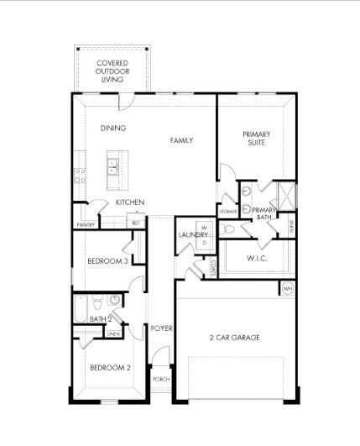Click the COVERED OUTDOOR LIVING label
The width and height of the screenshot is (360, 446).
(x=112, y=71)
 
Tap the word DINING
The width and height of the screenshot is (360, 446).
(x=113, y=129)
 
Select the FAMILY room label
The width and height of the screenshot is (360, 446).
(x=181, y=140)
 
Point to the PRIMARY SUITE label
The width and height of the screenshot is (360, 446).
(x=257, y=139)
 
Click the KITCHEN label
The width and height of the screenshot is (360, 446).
(x=130, y=202)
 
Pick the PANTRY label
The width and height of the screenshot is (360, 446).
(x=85, y=225)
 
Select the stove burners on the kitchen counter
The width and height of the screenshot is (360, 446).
(x=81, y=176)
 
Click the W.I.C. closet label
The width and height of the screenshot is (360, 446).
(x=257, y=258)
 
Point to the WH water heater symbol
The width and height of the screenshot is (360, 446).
(x=287, y=289)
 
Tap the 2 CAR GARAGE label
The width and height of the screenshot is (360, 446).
(x=234, y=338)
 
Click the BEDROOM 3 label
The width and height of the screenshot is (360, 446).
(x=107, y=261)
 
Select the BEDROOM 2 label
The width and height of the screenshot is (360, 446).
(x=111, y=368)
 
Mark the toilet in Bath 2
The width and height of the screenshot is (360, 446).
(x=97, y=303)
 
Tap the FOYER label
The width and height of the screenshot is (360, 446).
(x=161, y=328)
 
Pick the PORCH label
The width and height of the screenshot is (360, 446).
(x=161, y=380)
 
